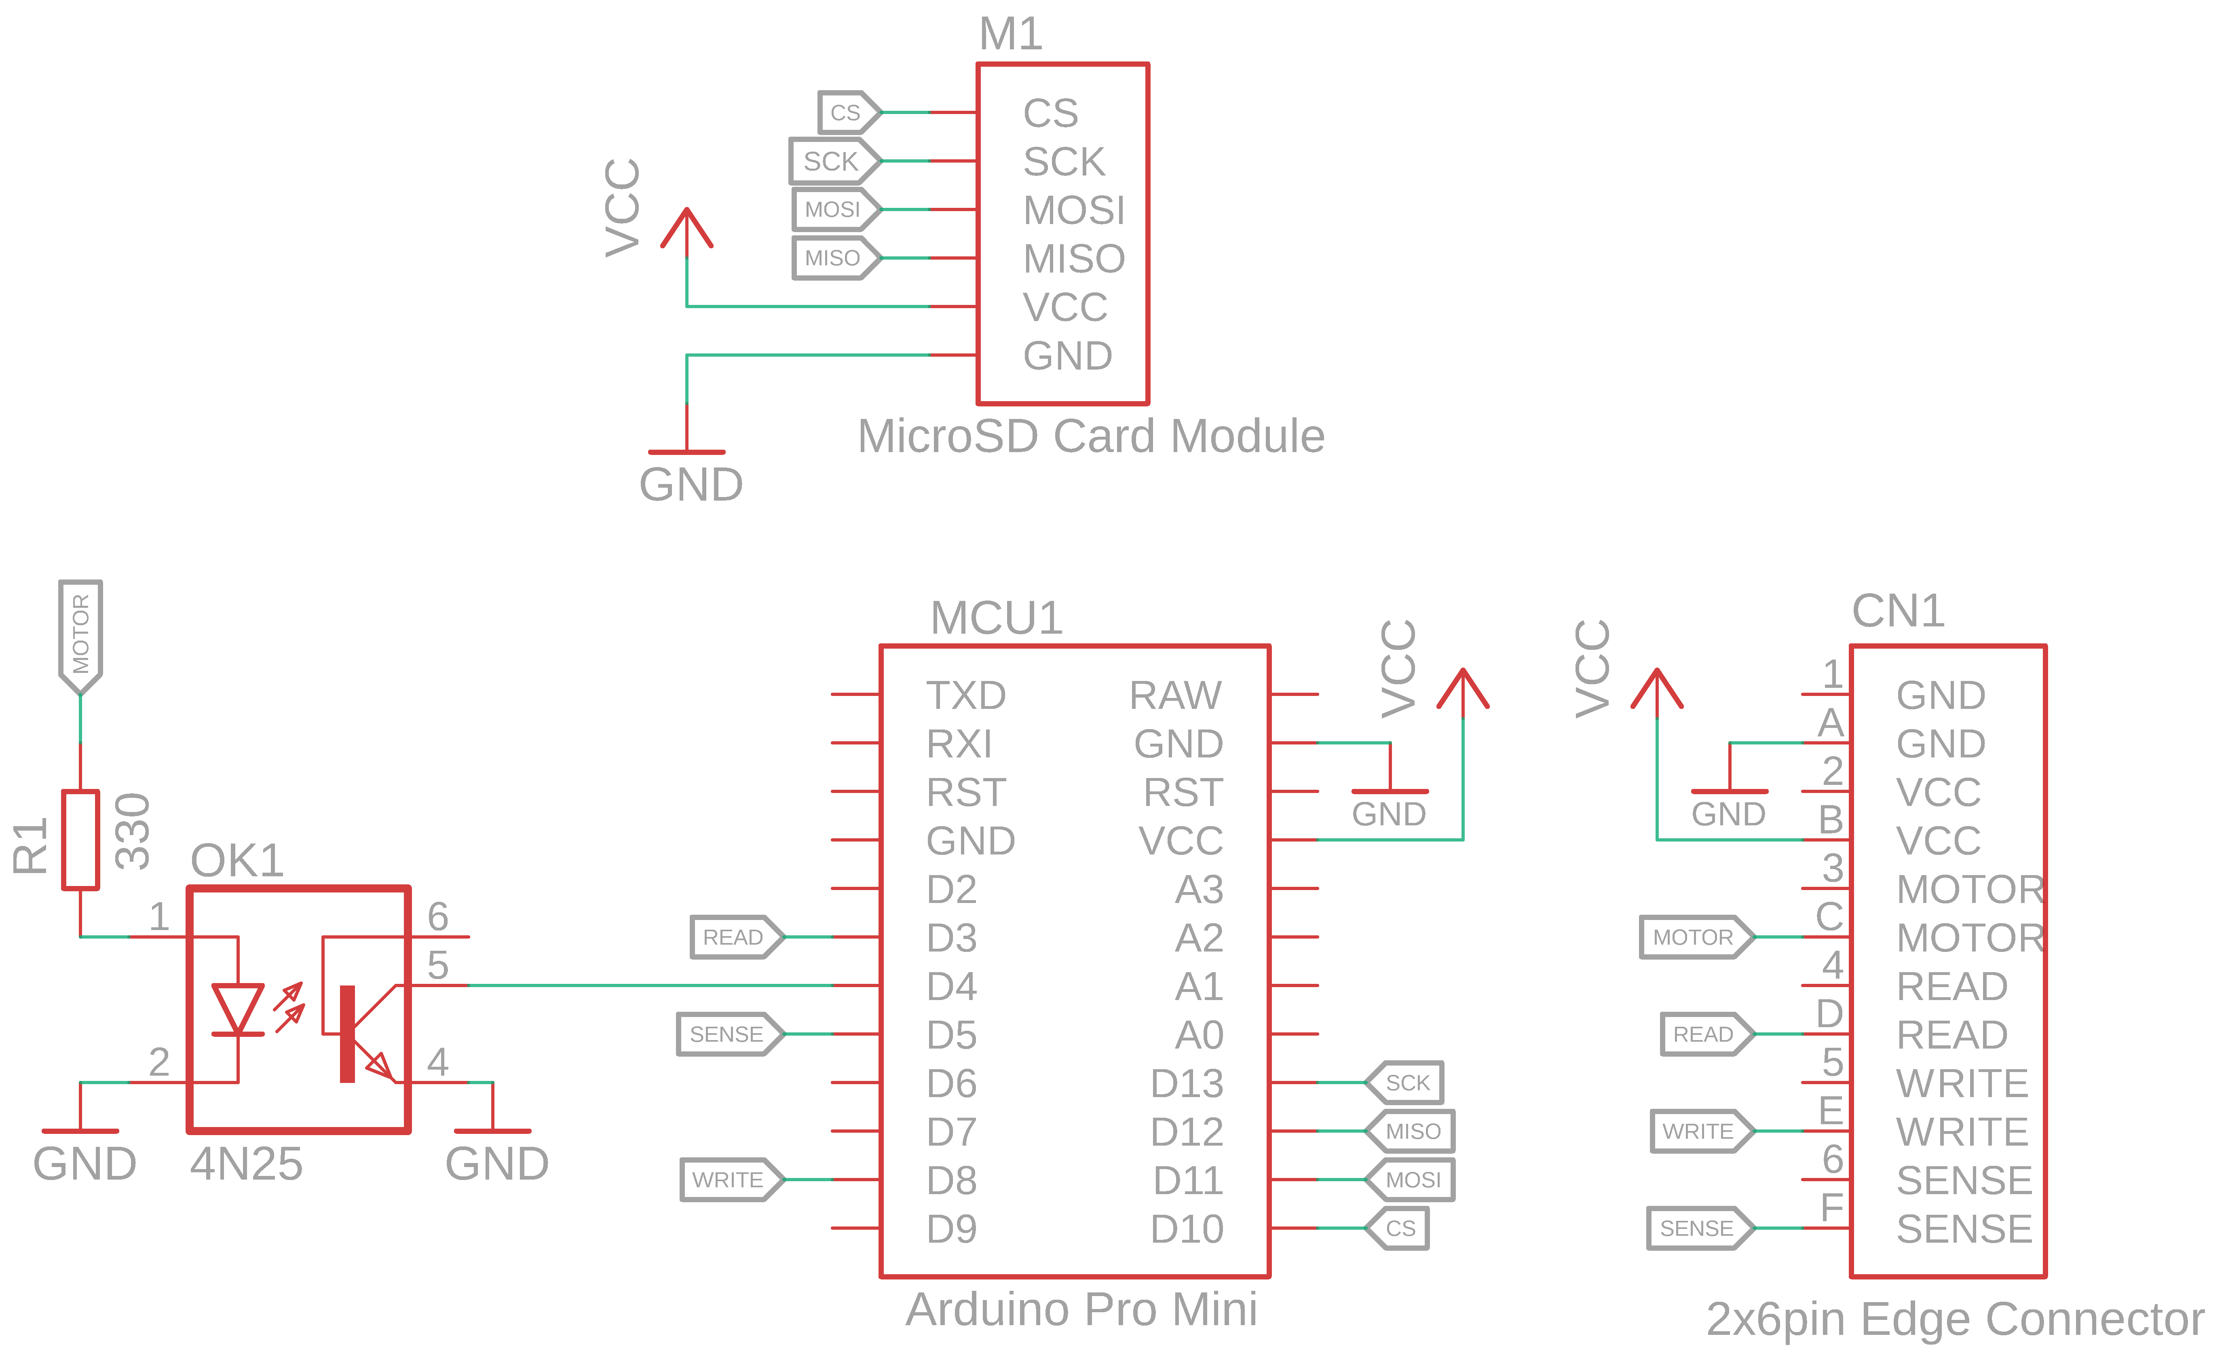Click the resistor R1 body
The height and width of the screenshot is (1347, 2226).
80,840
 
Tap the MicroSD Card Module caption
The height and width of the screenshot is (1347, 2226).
1090,436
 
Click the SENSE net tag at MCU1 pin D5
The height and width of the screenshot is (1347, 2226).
728,1034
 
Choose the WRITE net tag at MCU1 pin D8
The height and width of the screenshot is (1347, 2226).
730,1180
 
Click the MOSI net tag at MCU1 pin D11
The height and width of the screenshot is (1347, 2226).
1411,1180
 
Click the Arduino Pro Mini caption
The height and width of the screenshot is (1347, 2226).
1081,1309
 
